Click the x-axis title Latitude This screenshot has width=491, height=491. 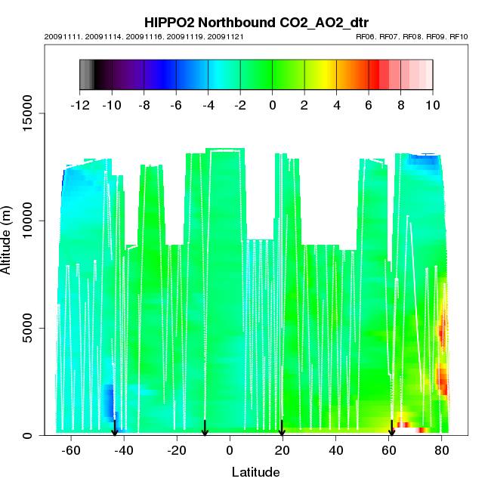tap(255, 473)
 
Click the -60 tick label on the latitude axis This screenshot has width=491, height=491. tap(70, 451)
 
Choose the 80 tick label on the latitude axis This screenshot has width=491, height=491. tap(443, 451)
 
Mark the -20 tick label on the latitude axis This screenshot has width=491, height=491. tap(177, 451)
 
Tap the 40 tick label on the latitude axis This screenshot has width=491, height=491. tap(336, 451)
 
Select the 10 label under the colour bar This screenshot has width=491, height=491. tap(432, 106)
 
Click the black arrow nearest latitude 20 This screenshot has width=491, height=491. tap(282, 428)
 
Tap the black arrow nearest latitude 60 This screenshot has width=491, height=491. tap(391, 428)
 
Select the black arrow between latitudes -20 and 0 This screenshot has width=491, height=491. tap(205, 428)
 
